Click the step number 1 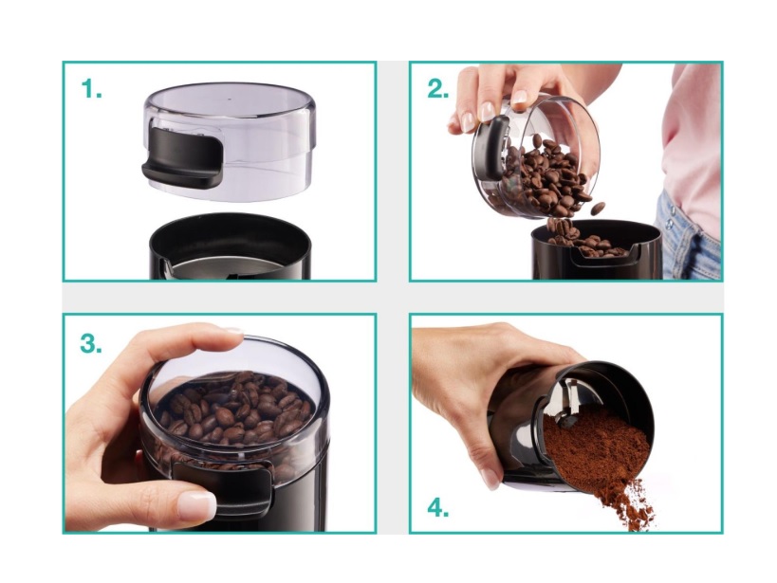click(91, 89)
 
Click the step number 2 click(438, 89)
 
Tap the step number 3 click(91, 343)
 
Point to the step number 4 click(438, 508)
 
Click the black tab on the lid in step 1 click(182, 157)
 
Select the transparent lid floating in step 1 click(230, 141)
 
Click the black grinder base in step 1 click(231, 247)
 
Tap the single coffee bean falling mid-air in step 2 click(598, 208)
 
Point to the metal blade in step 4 click(570, 396)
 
